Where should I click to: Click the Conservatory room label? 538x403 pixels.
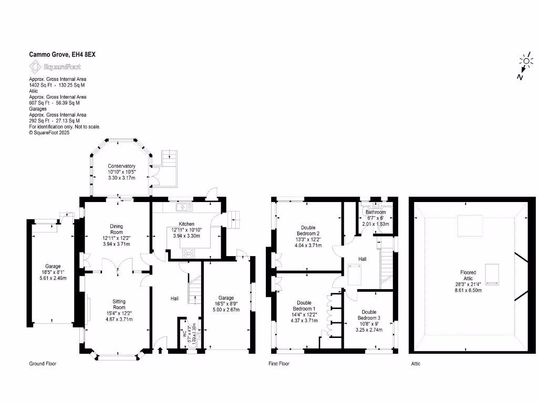pos(121,166)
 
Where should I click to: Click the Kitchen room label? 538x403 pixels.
pos(187,224)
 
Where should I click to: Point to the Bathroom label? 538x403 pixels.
pos(376,212)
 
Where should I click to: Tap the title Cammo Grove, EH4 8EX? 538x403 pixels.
pos(62,54)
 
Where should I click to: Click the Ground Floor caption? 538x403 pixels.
pos(43,364)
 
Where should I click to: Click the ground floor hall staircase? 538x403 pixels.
pos(195,291)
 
